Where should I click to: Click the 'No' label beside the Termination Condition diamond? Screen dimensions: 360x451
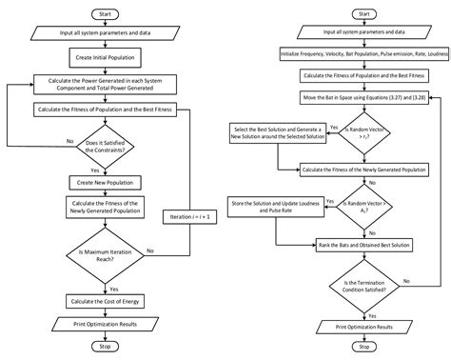(x=407, y=281)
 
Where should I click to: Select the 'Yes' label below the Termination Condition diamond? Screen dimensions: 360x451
(x=372, y=316)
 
